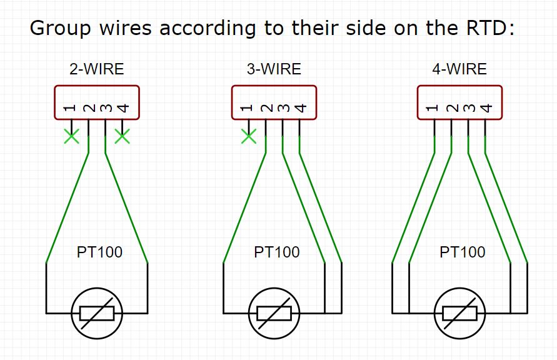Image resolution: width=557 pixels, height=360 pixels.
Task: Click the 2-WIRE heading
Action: (96, 69)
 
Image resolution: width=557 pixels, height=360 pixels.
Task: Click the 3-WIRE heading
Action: (274, 69)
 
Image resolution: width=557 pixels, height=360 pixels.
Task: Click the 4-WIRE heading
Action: (459, 69)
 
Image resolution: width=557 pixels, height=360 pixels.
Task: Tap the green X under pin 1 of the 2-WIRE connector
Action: (71, 136)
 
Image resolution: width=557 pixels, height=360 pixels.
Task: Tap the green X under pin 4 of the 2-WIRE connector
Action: (123, 136)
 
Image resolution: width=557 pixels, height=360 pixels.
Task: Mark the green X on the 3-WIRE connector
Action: (249, 136)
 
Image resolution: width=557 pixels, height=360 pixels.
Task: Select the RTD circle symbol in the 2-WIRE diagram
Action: (97, 313)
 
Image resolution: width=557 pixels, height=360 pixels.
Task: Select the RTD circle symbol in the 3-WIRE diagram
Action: (274, 313)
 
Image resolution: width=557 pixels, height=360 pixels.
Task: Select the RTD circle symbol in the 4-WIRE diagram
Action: (459, 313)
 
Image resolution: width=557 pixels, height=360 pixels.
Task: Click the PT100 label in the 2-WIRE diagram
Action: (99, 252)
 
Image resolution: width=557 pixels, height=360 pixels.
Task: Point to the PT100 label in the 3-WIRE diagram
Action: (276, 252)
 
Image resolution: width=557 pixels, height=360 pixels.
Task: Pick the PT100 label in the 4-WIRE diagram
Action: (462, 252)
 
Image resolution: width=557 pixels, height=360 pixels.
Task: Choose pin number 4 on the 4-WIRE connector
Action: (486, 109)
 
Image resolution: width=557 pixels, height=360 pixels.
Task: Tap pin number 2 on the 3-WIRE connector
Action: (266, 109)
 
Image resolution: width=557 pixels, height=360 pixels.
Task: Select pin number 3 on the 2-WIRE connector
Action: (106, 109)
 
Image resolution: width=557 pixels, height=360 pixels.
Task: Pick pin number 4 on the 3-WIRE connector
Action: (300, 109)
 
